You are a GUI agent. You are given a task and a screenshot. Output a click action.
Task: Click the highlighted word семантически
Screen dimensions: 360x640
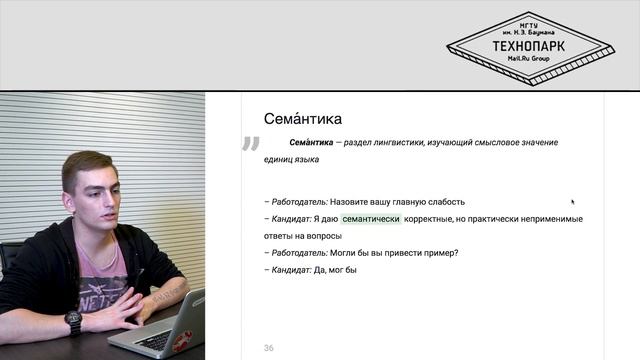(x=371, y=219)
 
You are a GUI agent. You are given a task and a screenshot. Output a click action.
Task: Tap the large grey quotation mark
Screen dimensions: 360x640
(x=250, y=146)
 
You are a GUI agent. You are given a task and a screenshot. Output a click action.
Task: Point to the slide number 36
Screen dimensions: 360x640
(x=269, y=347)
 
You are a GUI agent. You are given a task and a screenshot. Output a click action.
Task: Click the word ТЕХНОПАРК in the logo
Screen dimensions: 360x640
(x=530, y=46)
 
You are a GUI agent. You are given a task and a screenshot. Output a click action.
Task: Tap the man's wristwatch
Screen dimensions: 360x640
(x=73, y=322)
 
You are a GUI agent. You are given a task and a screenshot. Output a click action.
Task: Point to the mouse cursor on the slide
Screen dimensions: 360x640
(x=572, y=202)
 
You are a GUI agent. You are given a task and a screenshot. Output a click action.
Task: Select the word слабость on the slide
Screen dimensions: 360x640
(x=445, y=202)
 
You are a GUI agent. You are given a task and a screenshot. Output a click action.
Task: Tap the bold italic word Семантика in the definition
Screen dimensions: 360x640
(x=311, y=143)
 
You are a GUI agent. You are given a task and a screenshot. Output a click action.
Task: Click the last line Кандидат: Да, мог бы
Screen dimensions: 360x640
(x=311, y=270)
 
